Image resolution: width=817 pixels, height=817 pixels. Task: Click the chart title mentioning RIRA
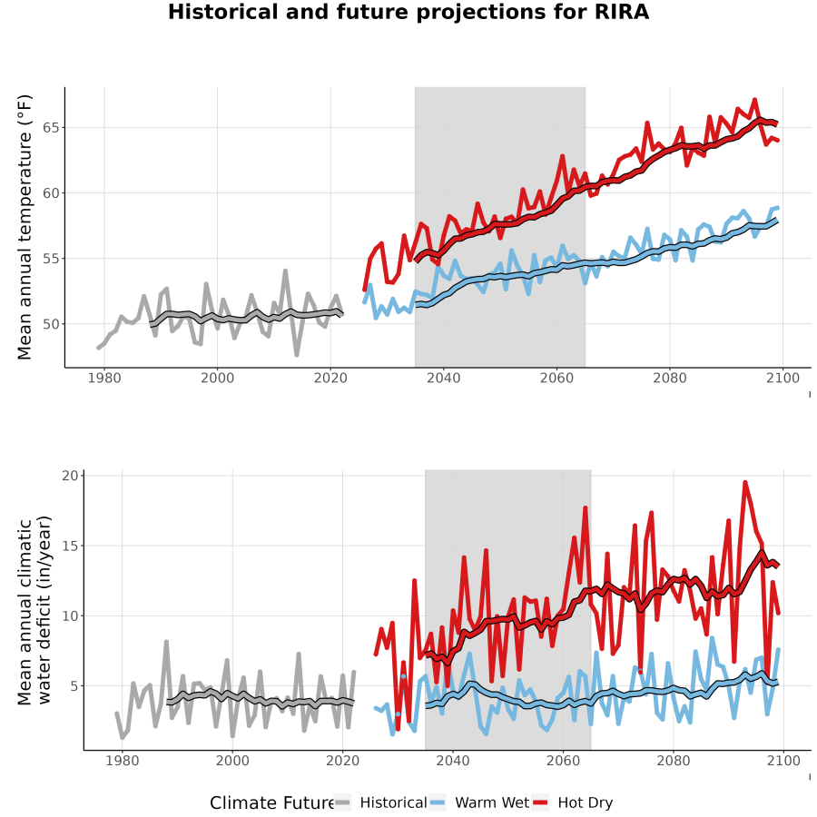coord(408,12)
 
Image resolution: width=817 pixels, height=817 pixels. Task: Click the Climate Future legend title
coord(272,803)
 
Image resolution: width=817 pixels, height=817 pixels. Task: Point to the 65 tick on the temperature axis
coord(50,128)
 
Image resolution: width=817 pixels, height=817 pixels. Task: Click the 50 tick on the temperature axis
coord(50,324)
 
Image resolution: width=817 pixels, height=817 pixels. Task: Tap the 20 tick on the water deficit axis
coord(69,476)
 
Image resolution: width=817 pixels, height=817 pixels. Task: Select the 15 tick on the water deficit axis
coord(69,546)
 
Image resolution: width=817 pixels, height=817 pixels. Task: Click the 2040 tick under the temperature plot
coord(443,378)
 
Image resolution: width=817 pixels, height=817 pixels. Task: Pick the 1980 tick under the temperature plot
coord(104,378)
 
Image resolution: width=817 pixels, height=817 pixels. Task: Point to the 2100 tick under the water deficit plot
coord(783,761)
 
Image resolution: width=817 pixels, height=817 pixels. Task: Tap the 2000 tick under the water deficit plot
coord(232,761)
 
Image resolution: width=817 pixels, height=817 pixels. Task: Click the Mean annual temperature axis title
coord(25,227)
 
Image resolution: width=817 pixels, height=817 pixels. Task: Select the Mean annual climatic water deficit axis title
coord(34,610)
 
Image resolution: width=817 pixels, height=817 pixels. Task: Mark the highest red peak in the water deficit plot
coord(745,483)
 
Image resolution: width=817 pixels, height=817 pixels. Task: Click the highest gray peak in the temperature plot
coord(285,271)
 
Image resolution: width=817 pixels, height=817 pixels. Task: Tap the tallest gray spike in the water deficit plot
coord(166,642)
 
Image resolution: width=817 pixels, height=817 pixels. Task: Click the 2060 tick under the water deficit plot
coord(563,761)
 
